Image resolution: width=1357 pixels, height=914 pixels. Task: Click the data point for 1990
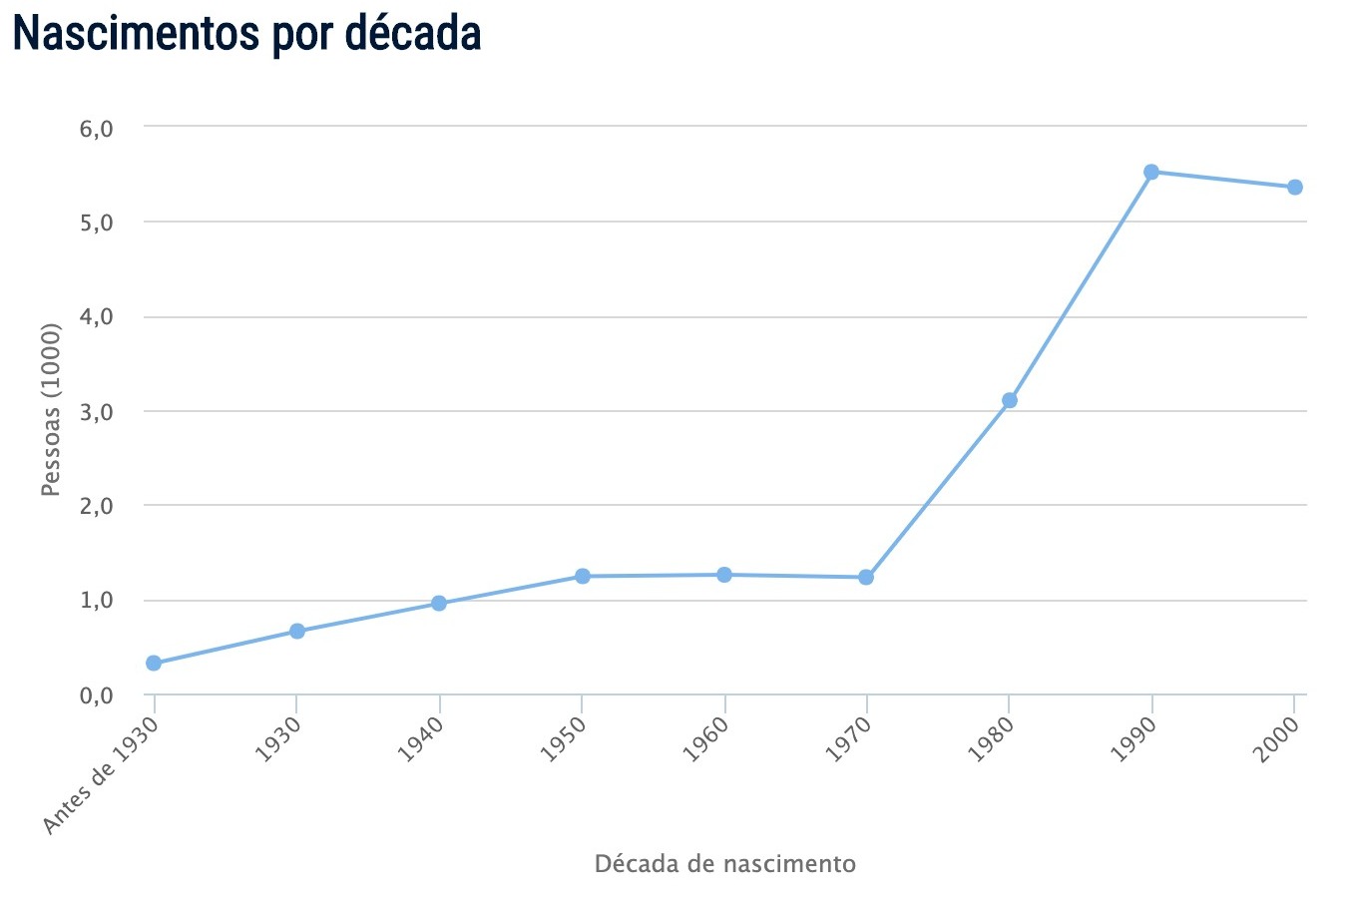coord(1151,172)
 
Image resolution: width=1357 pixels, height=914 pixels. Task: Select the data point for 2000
coord(1294,187)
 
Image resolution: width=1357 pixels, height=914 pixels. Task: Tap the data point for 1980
coord(1009,400)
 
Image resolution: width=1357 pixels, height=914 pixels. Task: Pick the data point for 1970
coord(866,577)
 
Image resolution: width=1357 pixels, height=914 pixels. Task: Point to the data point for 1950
coord(582,576)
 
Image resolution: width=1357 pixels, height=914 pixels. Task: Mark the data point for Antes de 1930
coord(154,663)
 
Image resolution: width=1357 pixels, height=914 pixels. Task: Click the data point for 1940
coord(439,603)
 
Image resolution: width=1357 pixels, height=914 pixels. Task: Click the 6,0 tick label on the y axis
coord(96,128)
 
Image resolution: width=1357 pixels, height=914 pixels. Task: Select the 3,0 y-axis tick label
coord(96,411)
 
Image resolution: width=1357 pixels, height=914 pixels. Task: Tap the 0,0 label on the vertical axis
coord(96,694)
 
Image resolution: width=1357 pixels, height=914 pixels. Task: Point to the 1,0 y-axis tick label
coord(96,601)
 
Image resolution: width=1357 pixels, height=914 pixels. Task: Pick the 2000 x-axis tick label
coord(1277,739)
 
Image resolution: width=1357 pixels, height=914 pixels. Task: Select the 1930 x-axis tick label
coord(278,739)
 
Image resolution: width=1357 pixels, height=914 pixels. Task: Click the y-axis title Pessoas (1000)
coord(52,409)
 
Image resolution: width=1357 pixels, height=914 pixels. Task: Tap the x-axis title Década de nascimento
coord(724,863)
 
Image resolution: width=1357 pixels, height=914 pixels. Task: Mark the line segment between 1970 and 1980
coord(938,489)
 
